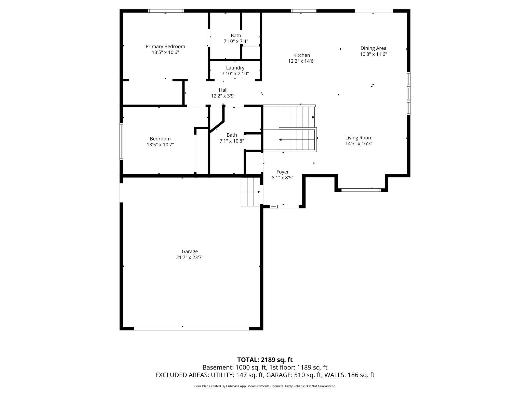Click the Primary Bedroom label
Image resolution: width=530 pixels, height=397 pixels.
[165, 47]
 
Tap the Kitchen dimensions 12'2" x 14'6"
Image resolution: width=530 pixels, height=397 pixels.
[302, 61]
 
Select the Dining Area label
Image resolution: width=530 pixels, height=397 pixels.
[373, 48]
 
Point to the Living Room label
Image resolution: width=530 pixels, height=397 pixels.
[359, 138]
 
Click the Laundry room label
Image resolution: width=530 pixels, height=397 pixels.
[235, 68]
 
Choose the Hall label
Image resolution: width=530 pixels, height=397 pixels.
[223, 90]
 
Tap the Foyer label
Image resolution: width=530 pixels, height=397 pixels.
[283, 172]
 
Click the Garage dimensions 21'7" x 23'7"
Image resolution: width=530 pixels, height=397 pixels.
[190, 257]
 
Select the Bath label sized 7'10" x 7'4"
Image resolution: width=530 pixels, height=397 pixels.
[236, 35]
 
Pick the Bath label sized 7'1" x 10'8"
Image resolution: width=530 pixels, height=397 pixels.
[232, 135]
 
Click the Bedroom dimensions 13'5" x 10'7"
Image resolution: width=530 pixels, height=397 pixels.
[160, 145]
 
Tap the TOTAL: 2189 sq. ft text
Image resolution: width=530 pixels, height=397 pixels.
[265, 360]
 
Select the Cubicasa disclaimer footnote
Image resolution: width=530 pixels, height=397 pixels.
[265, 386]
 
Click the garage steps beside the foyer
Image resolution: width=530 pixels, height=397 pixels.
[250, 192]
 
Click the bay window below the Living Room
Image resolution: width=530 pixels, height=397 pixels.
[361, 190]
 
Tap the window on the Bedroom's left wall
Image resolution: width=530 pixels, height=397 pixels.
[121, 141]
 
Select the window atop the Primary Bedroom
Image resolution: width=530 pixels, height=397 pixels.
[166, 11]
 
